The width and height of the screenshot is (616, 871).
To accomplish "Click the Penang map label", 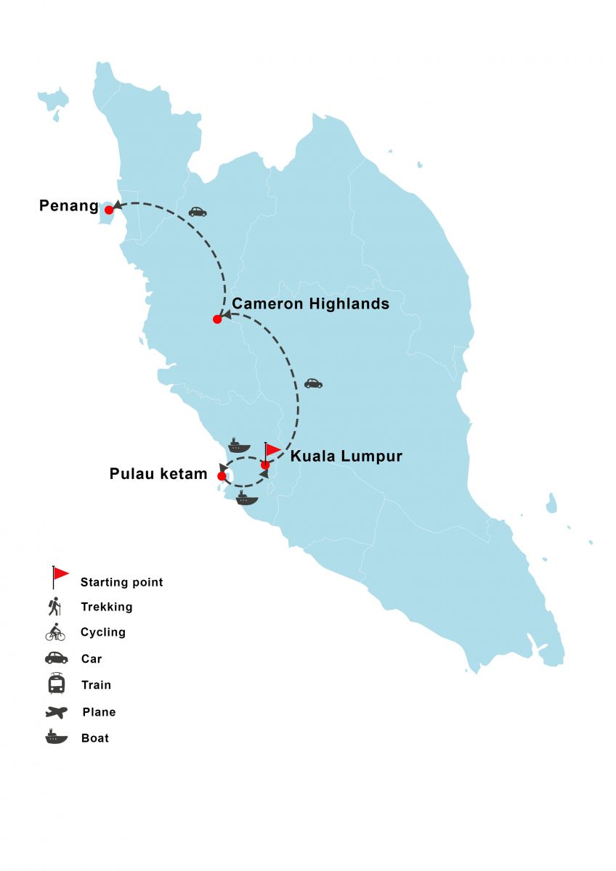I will point(68,206).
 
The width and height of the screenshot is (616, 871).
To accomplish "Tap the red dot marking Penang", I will point(109,210).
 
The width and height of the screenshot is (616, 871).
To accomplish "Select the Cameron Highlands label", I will point(310,303).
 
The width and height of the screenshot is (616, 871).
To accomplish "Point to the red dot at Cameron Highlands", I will point(217,319).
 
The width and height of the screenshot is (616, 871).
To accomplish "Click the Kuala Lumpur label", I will point(346,457).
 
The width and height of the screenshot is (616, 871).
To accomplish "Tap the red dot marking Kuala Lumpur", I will point(265,465).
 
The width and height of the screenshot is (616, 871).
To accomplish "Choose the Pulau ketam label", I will point(158,475).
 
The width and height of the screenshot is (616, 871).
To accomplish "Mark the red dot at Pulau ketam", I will point(222,476).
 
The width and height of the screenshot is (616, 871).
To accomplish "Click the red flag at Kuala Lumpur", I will point(272,450).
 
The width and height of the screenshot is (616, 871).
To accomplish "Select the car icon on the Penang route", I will point(198,212).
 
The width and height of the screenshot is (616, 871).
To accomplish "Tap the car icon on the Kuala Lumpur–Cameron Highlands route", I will point(313,383).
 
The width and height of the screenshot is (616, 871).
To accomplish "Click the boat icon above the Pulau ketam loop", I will point(239,446).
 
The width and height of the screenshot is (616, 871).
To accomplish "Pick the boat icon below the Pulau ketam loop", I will point(246,498).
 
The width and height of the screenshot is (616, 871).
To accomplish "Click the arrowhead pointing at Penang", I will point(117,205).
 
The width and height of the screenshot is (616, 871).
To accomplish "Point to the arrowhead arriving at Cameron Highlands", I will point(226,315).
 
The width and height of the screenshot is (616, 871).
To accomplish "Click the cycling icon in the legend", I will point(55,632).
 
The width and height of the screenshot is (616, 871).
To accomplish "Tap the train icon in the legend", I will point(56,684).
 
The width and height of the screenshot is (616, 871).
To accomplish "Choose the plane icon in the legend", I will point(56,712).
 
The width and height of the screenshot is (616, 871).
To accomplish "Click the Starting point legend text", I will point(121,582).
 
